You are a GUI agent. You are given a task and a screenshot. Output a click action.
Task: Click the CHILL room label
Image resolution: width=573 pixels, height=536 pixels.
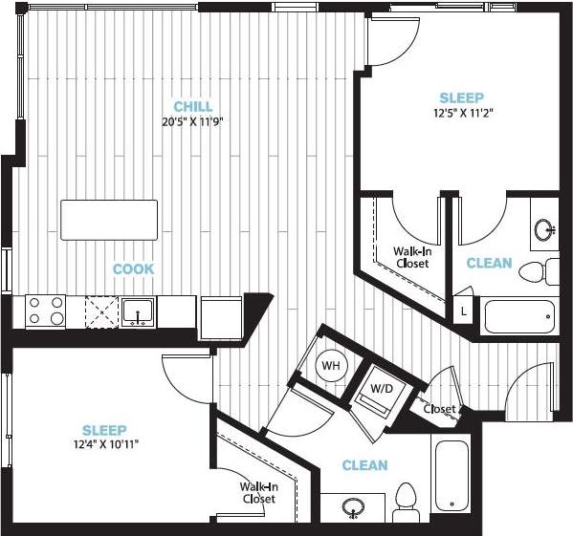193,106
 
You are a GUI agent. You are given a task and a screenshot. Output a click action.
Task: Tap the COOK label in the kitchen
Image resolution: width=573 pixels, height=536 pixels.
133,269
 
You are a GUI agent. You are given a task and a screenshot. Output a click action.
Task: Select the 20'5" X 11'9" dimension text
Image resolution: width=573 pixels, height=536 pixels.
193,121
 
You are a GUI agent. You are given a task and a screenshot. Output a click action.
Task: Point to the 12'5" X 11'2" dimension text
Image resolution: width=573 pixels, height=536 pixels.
461,113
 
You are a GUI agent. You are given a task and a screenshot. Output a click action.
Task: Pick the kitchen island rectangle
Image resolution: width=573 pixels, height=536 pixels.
110,220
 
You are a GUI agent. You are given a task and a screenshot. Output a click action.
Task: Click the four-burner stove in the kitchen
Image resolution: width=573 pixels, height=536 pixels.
45,311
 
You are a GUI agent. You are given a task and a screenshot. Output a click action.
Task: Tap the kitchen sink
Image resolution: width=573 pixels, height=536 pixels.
139,311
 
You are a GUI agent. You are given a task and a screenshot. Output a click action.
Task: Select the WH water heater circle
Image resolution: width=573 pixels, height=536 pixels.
331,365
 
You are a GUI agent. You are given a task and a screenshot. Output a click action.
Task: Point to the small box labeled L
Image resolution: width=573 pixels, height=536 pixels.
463,311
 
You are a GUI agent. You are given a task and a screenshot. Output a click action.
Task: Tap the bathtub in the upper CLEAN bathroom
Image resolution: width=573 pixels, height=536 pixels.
519,315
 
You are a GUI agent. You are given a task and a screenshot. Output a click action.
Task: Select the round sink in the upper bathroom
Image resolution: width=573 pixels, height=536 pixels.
545,229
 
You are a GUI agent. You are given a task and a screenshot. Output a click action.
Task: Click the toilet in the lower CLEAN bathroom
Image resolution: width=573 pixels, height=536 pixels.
408,503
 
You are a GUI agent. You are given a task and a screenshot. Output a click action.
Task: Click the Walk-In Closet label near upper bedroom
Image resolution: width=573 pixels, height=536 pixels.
412,257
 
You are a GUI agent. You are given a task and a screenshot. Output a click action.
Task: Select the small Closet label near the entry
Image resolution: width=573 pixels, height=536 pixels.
440,409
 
